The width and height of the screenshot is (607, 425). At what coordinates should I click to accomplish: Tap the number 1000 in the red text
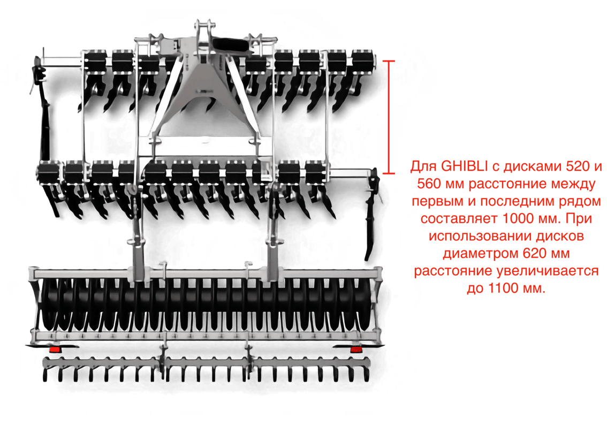(518, 218)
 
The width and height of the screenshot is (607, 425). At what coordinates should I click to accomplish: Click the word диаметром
(481, 254)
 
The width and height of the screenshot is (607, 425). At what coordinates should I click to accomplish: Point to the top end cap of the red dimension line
(389, 61)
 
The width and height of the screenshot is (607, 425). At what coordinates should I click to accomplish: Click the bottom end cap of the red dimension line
(389, 173)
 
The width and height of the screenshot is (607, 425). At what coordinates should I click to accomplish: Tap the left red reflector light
(55, 350)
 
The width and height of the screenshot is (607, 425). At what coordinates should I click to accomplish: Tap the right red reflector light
(356, 350)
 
